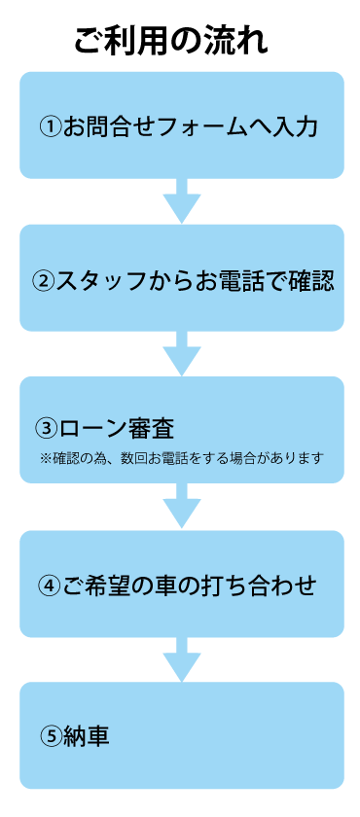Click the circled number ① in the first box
(x=52, y=127)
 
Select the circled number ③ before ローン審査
(x=47, y=428)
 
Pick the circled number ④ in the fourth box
(x=51, y=586)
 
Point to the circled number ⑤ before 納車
(x=51, y=736)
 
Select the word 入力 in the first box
(x=296, y=127)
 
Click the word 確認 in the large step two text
(x=311, y=281)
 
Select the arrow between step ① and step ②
(x=181, y=201)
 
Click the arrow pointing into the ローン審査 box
(x=181, y=354)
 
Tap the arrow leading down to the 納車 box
(x=181, y=659)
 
